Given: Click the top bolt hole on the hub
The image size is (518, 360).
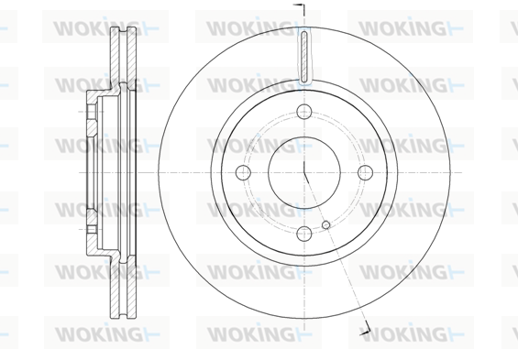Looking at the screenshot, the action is coord(304,112).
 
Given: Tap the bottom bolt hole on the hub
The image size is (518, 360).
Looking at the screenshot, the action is coord(304,234).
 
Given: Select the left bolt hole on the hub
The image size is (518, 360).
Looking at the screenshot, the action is coord(244,172).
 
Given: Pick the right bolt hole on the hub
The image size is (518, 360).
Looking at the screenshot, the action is coord(366,172).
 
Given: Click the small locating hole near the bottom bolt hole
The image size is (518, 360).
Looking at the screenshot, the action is coord(326,224).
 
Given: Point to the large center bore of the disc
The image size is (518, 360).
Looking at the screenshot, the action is coord(304,172).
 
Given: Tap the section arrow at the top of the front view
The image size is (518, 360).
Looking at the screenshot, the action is coord(299,10).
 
